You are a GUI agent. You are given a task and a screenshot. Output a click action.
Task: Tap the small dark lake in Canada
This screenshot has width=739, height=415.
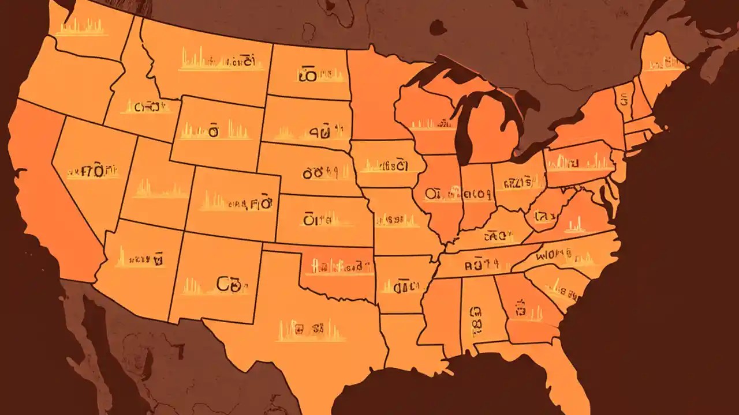[x=438, y=27]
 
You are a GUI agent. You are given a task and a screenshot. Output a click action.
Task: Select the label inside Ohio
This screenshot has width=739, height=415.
[x=517, y=184]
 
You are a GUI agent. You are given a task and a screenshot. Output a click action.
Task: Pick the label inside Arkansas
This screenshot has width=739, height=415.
[x=402, y=285]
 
